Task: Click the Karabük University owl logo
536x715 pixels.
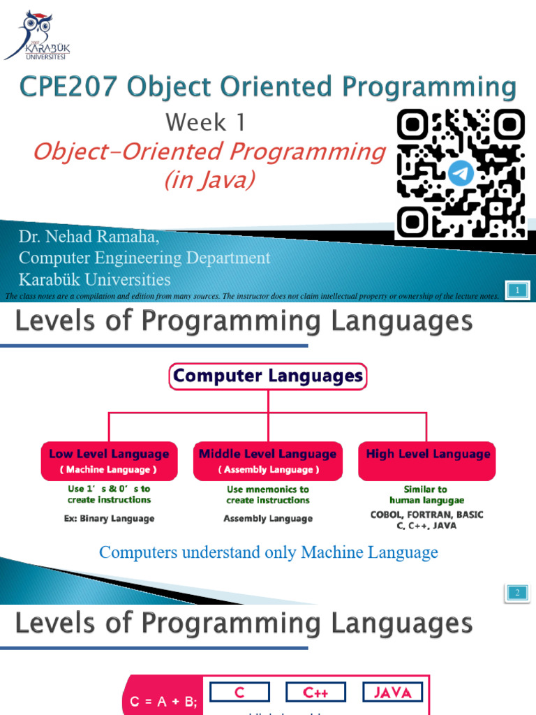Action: [x=36, y=35]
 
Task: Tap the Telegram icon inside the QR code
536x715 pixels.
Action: [x=461, y=172]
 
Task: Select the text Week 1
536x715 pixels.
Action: [x=206, y=123]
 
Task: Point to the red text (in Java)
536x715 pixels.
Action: [x=209, y=180]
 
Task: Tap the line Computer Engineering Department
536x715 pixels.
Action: [x=144, y=258]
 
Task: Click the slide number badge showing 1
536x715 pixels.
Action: [x=518, y=290]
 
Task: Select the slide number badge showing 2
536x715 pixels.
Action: [x=518, y=593]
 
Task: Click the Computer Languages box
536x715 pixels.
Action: [x=268, y=376]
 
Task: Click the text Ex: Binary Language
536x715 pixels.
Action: [x=109, y=519]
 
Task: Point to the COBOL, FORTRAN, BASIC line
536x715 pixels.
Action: [x=426, y=515]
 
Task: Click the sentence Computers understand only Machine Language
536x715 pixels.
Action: [x=268, y=552]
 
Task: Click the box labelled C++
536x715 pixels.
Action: [x=315, y=693]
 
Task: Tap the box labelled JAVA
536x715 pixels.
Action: [x=393, y=693]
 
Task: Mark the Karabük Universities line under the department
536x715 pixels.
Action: [x=94, y=280]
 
